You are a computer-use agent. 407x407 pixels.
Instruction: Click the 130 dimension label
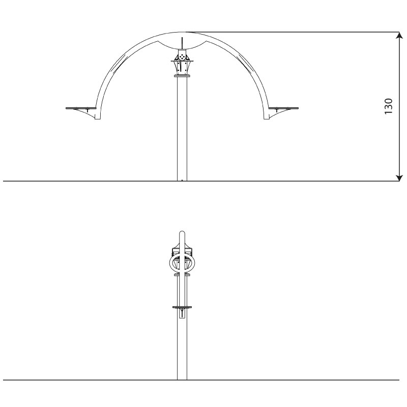[x=388, y=106]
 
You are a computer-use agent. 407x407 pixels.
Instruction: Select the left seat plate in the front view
[x=81, y=108]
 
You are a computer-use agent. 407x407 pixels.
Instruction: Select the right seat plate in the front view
[x=283, y=108]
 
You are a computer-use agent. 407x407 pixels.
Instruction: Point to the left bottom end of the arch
[x=98, y=119]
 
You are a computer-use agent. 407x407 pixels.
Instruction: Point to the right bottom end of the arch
[x=267, y=119]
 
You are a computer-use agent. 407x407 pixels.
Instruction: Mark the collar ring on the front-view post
[x=182, y=76]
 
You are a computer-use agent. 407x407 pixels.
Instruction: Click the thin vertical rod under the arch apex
[x=182, y=43]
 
